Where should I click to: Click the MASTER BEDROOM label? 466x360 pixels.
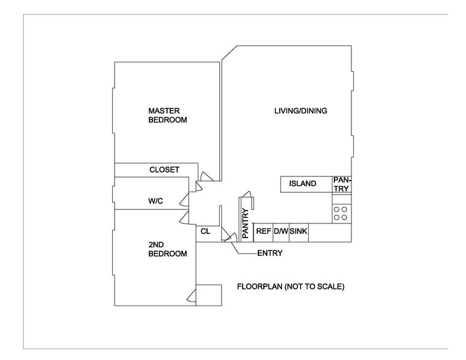[x=167, y=115]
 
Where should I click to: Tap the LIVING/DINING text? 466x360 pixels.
[x=300, y=111]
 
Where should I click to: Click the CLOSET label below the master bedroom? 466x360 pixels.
[x=164, y=170]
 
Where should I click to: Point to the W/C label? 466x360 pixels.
[x=156, y=201]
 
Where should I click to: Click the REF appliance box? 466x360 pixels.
[x=263, y=231]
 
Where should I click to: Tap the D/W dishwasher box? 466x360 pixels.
[x=281, y=231]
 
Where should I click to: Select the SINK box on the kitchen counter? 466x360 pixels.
[x=298, y=231]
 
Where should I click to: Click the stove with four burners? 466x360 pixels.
[x=341, y=213]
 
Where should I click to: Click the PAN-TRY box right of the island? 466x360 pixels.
[x=341, y=184]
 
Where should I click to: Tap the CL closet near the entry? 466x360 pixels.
[x=205, y=232]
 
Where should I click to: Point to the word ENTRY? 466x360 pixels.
[x=269, y=253]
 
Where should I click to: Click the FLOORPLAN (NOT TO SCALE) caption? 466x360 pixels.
[x=291, y=287]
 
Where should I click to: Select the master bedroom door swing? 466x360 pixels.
[x=207, y=176]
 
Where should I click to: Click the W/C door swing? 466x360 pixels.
[x=184, y=198]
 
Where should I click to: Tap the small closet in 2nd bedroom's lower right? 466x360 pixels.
[x=209, y=295]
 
